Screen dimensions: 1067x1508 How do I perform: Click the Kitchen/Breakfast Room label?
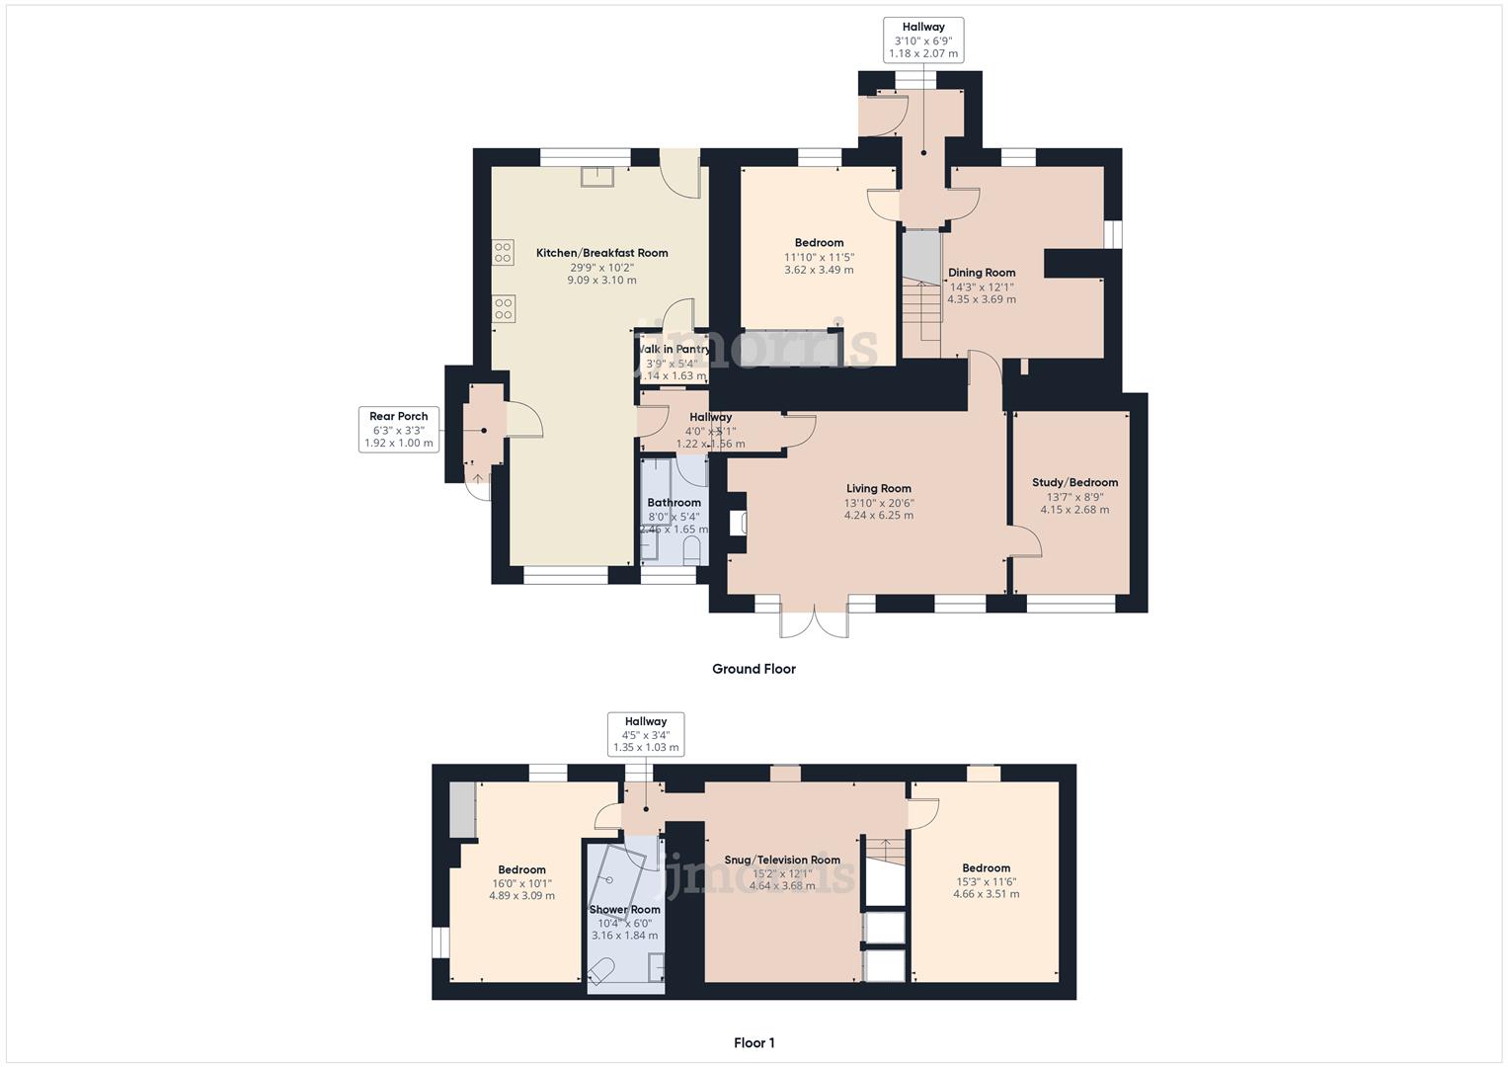(601, 253)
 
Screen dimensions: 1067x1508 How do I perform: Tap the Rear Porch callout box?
(399, 430)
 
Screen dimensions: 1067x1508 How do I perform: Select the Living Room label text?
(878, 488)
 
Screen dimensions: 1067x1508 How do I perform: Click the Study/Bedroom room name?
(1074, 482)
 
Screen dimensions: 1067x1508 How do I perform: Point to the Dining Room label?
(981, 273)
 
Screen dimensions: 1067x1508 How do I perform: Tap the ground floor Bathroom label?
(674, 503)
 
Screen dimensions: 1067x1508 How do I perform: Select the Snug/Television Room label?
(781, 860)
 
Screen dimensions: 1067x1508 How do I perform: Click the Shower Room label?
(624, 909)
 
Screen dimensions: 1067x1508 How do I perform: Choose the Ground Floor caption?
(754, 669)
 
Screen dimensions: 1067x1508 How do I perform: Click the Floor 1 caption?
(754, 1042)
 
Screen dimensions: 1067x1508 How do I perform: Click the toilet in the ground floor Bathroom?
(691, 550)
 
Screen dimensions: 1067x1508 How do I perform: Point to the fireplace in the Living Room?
(736, 523)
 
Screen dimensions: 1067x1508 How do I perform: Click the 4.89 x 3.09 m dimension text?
(521, 896)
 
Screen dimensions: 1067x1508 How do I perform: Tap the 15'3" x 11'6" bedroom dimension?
(986, 881)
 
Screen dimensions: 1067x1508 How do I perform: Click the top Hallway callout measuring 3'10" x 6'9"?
(922, 41)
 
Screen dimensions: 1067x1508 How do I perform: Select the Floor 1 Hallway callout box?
(645, 734)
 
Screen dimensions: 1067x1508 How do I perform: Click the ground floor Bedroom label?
(819, 243)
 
